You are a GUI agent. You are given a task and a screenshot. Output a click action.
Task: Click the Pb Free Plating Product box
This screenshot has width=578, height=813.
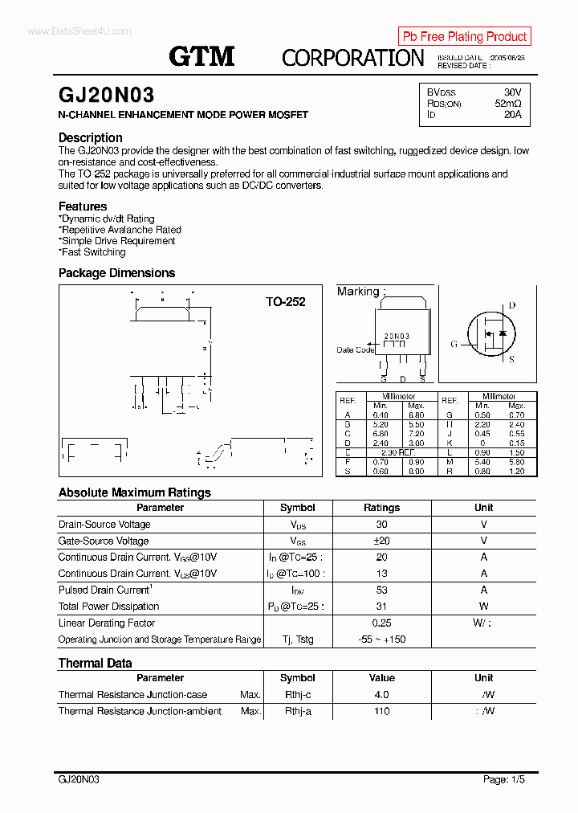(x=464, y=36)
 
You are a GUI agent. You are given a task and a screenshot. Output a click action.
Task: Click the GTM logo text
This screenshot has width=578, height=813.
(x=201, y=56)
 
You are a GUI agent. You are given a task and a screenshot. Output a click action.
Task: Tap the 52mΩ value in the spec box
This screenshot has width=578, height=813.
(x=507, y=104)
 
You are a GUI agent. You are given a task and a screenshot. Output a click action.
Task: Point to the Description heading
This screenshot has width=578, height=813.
(x=91, y=137)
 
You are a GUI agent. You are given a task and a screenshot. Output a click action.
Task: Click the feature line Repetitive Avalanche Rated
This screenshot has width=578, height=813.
(x=120, y=230)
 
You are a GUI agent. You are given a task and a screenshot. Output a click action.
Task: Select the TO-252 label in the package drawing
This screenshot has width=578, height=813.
(x=286, y=302)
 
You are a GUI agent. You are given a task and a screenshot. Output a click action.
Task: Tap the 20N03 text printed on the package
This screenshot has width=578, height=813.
(x=397, y=337)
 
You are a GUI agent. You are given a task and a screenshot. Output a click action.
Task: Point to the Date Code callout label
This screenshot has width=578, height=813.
(x=355, y=349)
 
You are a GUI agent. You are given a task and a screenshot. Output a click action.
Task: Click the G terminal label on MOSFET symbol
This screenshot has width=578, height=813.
(x=454, y=344)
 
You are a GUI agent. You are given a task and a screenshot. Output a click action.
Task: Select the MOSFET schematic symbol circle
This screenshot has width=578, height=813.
(x=491, y=333)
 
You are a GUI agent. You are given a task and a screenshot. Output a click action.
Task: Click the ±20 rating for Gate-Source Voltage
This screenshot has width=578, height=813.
(x=381, y=541)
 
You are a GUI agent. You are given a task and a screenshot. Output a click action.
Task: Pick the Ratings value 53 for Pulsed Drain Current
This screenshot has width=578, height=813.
(x=381, y=590)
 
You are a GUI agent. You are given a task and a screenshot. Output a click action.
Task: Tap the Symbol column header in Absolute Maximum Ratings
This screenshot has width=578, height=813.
(x=297, y=508)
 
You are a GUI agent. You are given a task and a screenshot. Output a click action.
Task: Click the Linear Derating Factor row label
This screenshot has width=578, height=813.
(x=107, y=623)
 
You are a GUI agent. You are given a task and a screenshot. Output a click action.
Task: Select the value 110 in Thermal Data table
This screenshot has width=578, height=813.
(x=381, y=711)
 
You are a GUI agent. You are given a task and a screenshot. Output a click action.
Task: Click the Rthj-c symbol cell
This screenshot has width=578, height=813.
(x=297, y=695)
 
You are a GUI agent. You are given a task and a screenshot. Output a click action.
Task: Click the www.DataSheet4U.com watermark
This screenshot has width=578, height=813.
(x=79, y=31)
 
